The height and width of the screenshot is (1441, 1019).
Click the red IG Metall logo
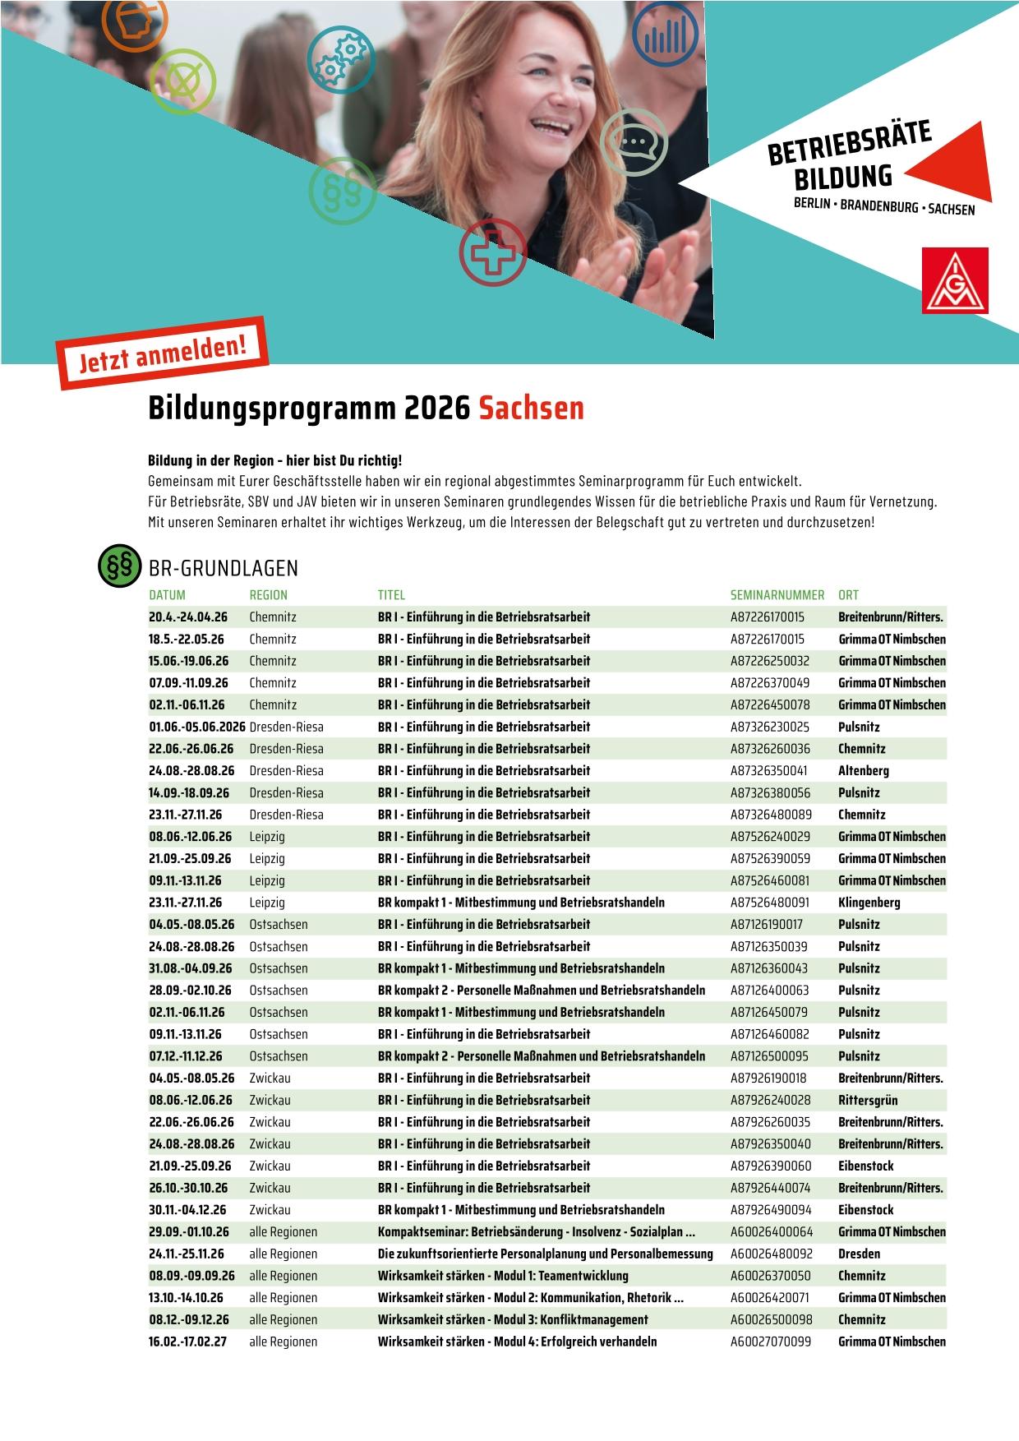(954, 280)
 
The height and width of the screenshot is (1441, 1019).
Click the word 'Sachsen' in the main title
(531, 408)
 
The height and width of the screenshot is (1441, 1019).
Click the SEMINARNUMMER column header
(777, 595)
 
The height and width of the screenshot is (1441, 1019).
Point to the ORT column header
(848, 595)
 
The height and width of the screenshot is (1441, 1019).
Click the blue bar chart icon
(665, 34)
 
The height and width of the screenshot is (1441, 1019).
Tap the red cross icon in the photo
(492, 252)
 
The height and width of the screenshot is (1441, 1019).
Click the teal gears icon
(341, 58)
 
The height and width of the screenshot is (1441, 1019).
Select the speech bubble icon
(634, 142)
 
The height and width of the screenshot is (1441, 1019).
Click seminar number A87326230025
(769, 727)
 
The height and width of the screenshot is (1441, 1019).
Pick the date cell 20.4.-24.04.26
(188, 617)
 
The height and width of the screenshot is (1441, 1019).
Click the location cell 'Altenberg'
(863, 771)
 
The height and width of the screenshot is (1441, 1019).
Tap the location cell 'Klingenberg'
(869, 903)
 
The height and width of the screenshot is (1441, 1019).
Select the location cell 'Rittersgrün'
(868, 1100)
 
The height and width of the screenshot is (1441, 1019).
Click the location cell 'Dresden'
(859, 1254)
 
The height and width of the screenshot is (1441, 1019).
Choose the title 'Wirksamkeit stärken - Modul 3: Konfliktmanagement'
(513, 1319)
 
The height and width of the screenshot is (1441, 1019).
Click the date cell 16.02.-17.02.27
(187, 1342)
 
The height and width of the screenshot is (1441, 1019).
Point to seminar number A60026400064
(771, 1232)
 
